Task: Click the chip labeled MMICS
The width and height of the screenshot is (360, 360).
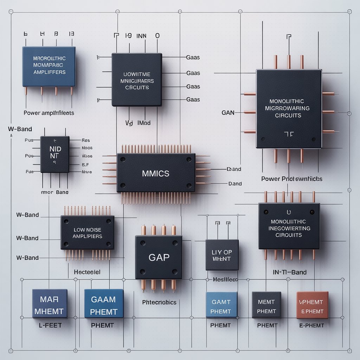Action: [x=156, y=173]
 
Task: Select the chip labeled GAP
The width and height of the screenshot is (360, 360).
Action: [x=159, y=257]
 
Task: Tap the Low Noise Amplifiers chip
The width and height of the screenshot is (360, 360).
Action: [x=87, y=233]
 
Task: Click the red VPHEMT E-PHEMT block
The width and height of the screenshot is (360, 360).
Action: [x=312, y=305]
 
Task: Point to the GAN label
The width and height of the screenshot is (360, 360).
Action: [x=228, y=113]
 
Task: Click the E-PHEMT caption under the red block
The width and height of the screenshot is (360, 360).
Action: [x=311, y=325]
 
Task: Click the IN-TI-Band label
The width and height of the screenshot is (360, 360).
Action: [x=289, y=272]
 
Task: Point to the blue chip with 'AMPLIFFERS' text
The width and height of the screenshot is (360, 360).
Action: [x=49, y=66]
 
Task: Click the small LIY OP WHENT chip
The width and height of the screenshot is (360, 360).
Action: [x=222, y=255]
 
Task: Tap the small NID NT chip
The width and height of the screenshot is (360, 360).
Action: [x=54, y=154]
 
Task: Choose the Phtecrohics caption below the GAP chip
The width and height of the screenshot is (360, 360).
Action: [x=159, y=302]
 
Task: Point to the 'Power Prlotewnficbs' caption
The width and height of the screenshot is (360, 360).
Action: [x=292, y=179]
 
